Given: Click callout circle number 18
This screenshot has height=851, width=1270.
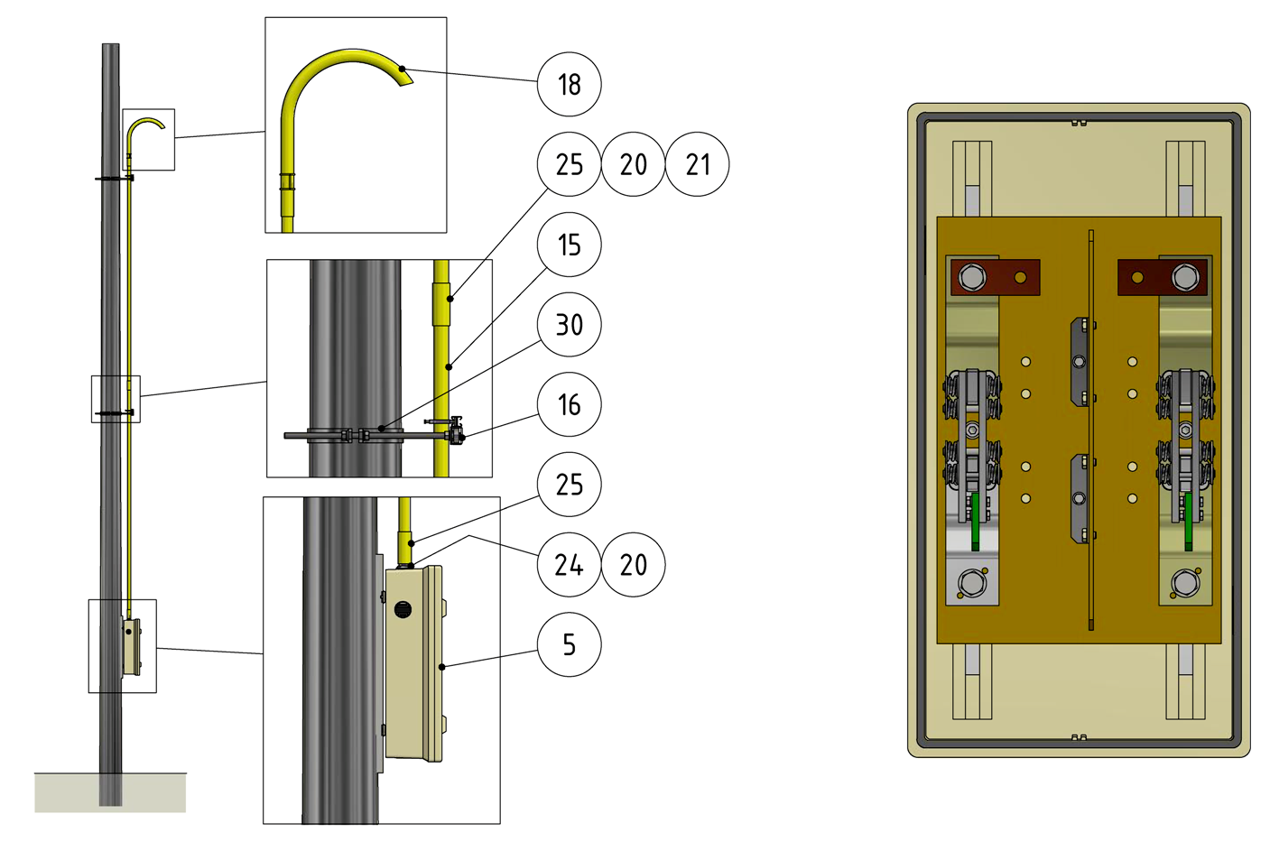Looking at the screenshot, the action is [570, 85].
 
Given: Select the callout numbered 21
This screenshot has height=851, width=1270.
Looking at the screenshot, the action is [698, 164].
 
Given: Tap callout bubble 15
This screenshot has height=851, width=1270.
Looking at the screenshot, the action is [570, 245].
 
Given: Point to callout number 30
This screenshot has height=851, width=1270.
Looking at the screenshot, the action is [570, 324].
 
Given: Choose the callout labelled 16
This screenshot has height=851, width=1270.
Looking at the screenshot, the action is [570, 404].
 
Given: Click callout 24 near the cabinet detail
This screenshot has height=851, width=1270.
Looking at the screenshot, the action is [570, 565].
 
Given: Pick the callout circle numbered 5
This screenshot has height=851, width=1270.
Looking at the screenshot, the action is [570, 644].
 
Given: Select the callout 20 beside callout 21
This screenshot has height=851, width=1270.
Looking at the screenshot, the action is [634, 164].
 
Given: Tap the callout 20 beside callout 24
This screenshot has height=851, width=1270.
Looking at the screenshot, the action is [634, 565].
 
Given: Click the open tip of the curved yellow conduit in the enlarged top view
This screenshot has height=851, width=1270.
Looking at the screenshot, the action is [407, 78].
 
